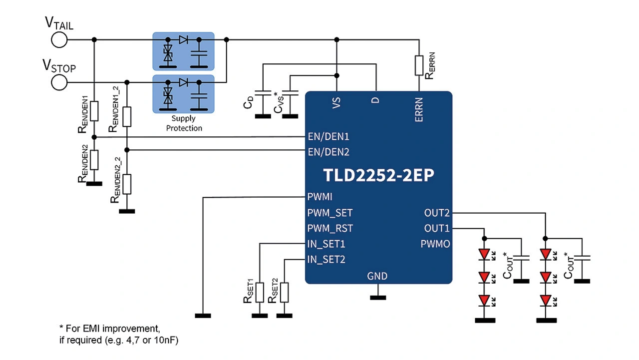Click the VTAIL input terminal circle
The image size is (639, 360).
(x=59, y=39)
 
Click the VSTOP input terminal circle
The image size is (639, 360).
(x=59, y=82)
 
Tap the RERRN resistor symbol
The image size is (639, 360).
(x=419, y=65)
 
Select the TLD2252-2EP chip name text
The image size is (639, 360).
(x=378, y=176)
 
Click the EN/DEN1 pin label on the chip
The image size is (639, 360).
(x=328, y=136)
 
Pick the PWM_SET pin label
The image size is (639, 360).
(x=330, y=213)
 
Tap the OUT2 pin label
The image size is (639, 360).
(x=437, y=213)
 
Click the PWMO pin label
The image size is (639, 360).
(x=435, y=244)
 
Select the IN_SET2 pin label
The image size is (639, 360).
(x=326, y=260)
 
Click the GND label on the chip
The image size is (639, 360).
(x=377, y=276)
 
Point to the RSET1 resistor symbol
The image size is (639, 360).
(x=259, y=293)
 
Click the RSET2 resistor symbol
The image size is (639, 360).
(x=285, y=293)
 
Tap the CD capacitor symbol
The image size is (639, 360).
(x=260, y=93)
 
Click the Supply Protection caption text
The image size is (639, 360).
(x=184, y=123)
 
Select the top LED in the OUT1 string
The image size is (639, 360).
(x=483, y=254)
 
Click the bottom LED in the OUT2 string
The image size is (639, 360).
(x=545, y=300)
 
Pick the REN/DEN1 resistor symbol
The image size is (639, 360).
(x=94, y=110)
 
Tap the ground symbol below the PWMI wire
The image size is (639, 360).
(x=203, y=316)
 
